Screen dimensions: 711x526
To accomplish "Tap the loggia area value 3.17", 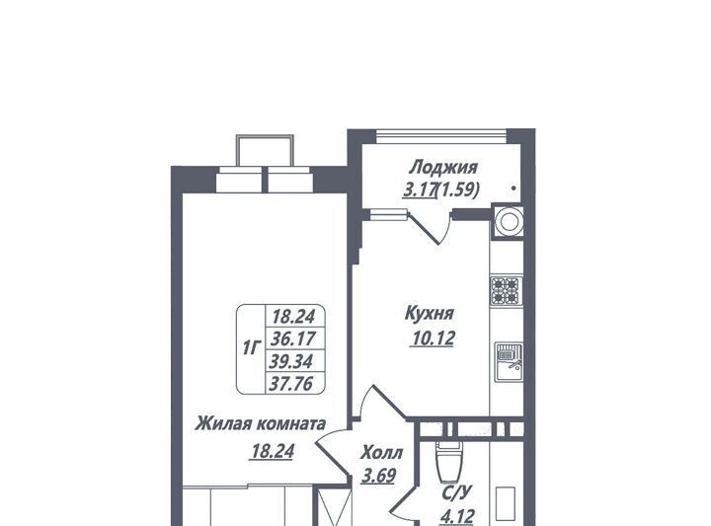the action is [x=419, y=190].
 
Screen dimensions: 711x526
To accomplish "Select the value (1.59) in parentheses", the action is [x=457, y=190].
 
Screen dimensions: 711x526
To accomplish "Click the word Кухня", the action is [x=429, y=314].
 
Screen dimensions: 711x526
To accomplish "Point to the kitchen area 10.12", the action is [x=433, y=338].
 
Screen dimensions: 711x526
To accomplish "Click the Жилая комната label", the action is [x=261, y=424].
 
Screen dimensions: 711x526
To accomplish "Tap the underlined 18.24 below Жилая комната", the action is [x=273, y=451].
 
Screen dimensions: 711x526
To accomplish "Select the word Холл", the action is [x=382, y=453].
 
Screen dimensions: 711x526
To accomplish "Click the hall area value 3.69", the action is [x=378, y=476].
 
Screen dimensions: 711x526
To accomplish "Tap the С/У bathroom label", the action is [x=457, y=492].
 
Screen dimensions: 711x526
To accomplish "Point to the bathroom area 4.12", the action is [x=457, y=516].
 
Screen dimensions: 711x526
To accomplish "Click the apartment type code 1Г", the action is [x=252, y=348].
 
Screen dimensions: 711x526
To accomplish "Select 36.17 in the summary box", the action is [x=293, y=338].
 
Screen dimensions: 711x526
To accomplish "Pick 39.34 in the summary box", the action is [x=291, y=361].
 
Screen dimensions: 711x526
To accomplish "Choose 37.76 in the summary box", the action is [x=291, y=384].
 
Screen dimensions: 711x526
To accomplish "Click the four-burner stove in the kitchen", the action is [x=506, y=290].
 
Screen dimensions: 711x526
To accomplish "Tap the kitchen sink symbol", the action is [x=509, y=362].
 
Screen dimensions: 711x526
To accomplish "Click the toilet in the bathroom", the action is [x=448, y=461].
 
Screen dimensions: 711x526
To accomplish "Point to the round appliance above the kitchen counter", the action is [x=509, y=222].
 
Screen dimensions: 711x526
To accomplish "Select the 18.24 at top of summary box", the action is [x=293, y=317].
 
